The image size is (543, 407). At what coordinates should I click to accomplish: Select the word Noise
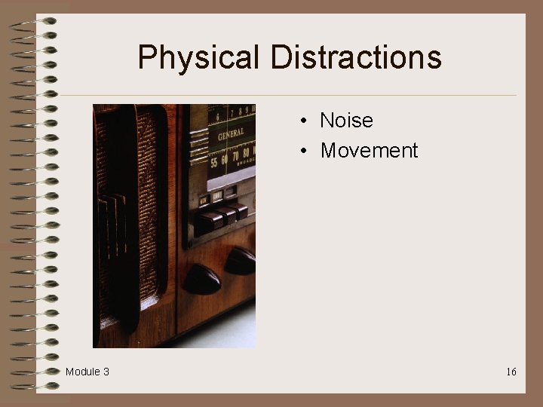(x=346, y=121)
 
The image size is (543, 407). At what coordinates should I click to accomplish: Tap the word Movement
(x=369, y=151)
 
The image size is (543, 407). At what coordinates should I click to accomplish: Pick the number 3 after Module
(x=106, y=372)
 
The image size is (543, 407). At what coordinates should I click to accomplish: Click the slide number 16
(x=511, y=372)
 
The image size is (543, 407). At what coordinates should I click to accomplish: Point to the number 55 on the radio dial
(x=217, y=161)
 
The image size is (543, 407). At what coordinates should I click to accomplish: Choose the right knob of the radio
(x=241, y=261)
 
